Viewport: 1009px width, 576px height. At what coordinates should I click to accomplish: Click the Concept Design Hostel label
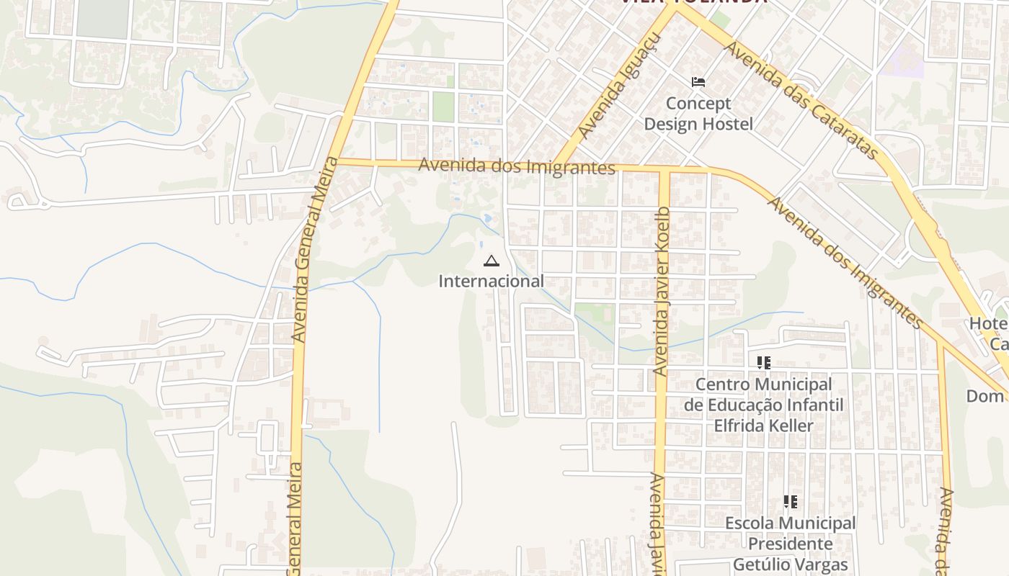698,114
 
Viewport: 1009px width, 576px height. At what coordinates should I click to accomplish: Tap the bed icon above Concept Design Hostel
698,82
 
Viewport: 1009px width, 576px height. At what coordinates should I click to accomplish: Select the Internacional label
491,281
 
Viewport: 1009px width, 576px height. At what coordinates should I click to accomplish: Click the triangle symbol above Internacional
491,261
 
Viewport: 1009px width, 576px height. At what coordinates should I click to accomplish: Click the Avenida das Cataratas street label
803,100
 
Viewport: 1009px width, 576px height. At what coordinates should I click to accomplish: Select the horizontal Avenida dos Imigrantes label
517,166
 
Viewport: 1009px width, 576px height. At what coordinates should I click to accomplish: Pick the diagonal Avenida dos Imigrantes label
845,262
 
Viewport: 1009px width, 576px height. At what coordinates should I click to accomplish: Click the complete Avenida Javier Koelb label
662,291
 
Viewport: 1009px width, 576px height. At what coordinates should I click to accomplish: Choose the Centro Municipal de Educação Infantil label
763,405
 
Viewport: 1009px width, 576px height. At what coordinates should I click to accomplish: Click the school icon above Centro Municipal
763,363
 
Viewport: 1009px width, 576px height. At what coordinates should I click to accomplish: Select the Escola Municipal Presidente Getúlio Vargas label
791,544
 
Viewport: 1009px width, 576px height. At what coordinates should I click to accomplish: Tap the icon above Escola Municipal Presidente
791,502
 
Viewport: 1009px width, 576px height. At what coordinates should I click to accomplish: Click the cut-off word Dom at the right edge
985,396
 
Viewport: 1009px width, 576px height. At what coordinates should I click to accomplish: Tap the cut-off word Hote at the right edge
988,324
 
